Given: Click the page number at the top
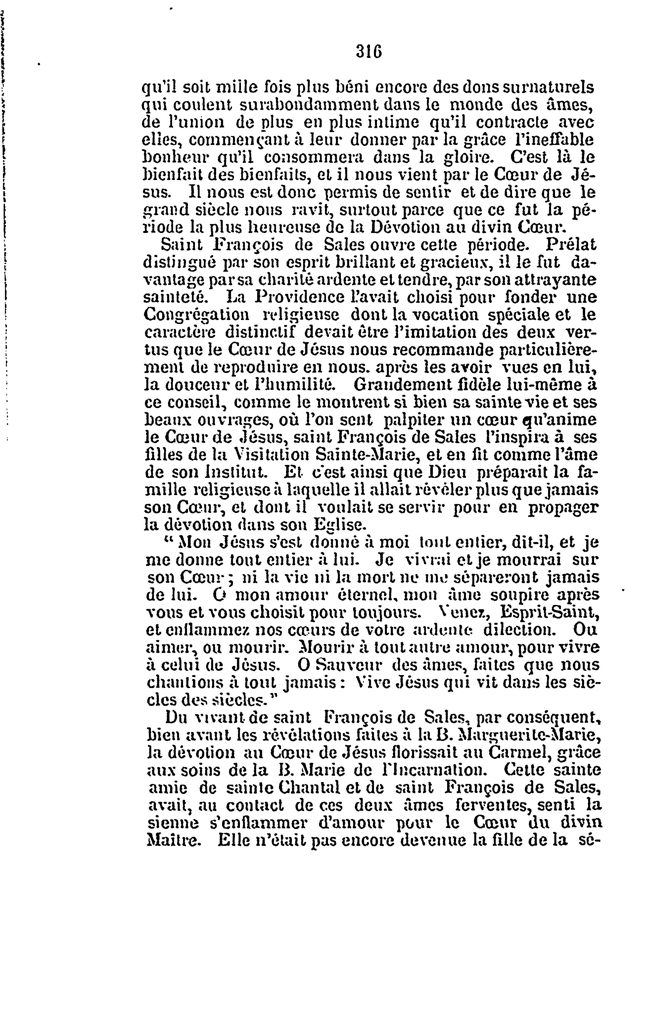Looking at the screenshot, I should tap(369, 51).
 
